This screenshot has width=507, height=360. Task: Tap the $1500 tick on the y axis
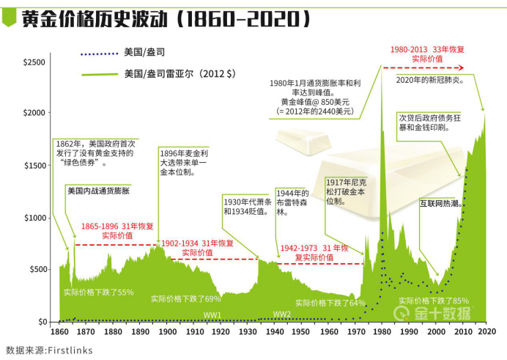click(x=35, y=166)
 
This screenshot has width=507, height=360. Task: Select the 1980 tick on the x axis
click(x=381, y=332)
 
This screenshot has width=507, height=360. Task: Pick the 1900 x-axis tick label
click(x=167, y=332)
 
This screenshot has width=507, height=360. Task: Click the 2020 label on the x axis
click(x=486, y=332)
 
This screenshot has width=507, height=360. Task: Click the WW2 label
click(x=282, y=315)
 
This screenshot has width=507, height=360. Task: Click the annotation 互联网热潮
click(x=439, y=202)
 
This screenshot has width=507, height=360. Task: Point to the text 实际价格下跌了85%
click(x=434, y=301)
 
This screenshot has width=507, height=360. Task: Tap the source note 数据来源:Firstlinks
click(x=50, y=350)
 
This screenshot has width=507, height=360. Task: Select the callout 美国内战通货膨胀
click(x=98, y=190)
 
